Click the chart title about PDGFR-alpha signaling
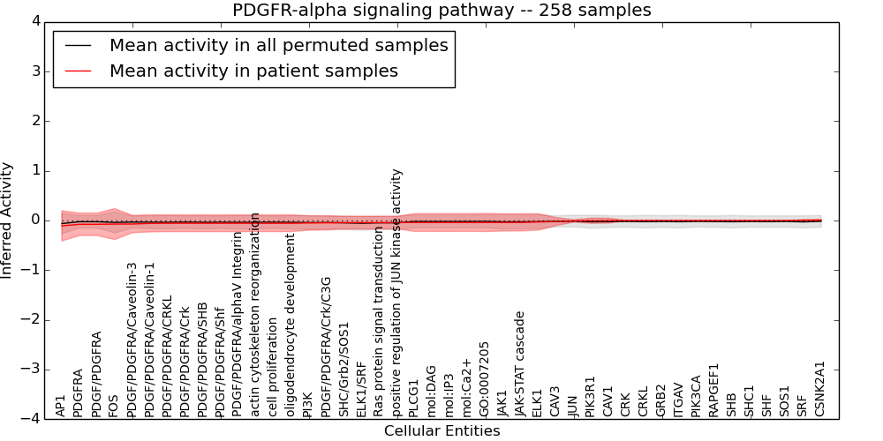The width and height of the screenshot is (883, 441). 441,11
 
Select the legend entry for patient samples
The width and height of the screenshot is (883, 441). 253,71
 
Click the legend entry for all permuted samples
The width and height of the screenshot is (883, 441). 278,46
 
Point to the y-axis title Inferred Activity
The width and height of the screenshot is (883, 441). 7,220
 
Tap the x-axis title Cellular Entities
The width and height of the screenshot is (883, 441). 441,431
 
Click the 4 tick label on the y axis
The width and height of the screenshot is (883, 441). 34,21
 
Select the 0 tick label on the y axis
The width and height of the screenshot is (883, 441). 34,220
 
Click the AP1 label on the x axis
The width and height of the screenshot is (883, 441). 61,406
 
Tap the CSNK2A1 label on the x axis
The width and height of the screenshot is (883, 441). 820,389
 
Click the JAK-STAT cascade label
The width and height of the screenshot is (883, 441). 520,363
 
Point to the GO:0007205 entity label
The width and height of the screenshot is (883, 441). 485,379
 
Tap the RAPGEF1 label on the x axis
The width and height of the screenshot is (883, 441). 714,390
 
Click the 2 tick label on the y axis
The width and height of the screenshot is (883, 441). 34,121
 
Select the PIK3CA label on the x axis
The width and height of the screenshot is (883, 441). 697,395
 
